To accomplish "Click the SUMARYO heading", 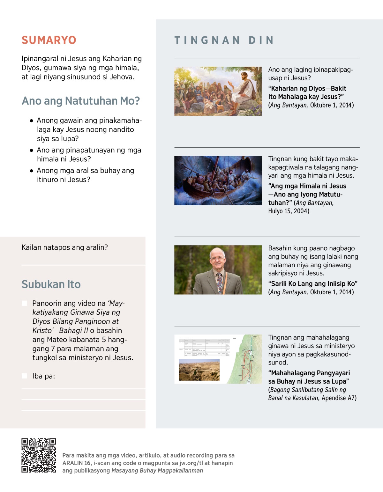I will pos(49,40).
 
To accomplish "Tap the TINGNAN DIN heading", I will pos(224,40).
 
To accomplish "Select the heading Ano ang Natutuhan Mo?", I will pos(81,101).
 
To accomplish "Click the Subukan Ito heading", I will pos(51,284).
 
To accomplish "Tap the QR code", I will pos(39,455).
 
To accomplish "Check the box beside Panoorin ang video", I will pos(25,303).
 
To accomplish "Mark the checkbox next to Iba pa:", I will pos(25,376).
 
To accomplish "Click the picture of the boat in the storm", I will pos(218,180).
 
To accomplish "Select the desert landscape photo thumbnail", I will pos(199,370).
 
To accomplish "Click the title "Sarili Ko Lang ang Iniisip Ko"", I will pos(313,284).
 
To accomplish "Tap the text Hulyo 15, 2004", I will pos(289,211).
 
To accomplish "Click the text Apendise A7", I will pos(339,398).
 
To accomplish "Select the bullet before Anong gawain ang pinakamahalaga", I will pos(31,121).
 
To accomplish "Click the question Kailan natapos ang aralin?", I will pos(65,247).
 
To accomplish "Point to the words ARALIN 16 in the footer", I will pos(77,463).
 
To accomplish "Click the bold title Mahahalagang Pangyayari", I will pos(309,373).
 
